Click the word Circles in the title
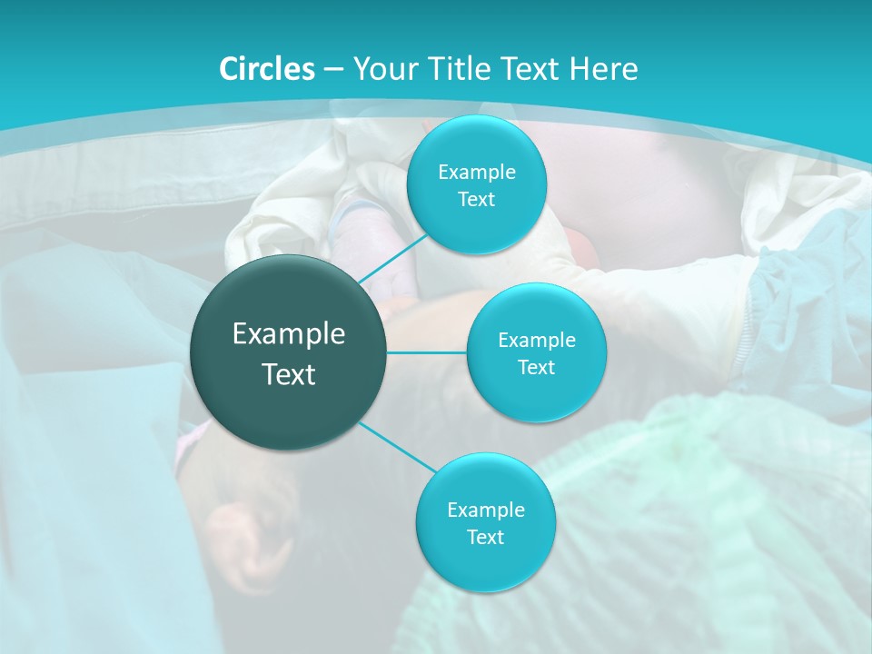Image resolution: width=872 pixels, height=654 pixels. pos(267,69)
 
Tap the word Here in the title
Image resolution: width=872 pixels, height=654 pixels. pos(603,69)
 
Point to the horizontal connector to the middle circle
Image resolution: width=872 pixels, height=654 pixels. pos(426,352)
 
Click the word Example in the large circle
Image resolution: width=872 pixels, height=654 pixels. pos(289,334)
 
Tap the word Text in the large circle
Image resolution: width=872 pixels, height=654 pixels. pos(289,374)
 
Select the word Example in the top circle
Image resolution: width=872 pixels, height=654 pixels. pos(477,173)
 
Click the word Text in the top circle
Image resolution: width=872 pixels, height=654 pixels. pos(476,200)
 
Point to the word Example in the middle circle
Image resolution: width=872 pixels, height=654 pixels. pos(537,341)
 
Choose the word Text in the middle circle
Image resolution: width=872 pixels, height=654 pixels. pos(536,368)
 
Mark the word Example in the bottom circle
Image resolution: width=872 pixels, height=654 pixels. pos(486,510)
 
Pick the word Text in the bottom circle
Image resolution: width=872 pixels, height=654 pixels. pos(485,538)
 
